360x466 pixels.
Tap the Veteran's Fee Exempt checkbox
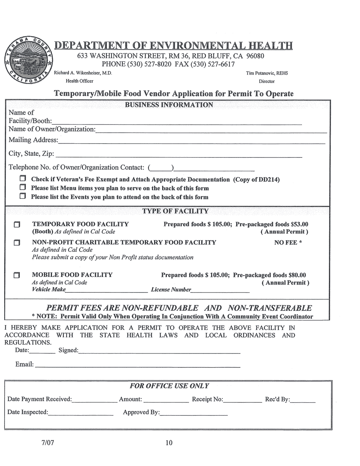click(23, 178)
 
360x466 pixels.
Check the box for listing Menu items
click(23, 187)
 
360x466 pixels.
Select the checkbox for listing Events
click(23, 196)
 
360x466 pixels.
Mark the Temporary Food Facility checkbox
click(17, 225)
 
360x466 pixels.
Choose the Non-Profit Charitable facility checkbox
click(17, 242)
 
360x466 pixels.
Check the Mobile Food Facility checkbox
click(17, 275)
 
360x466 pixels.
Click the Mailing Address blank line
click(191, 142)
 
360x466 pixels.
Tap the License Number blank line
click(220, 291)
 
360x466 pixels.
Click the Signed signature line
click(159, 351)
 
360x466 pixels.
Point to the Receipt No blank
click(243, 400)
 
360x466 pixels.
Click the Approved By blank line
click(194, 413)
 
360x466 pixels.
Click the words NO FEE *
click(288, 242)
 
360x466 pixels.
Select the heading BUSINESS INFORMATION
click(169, 105)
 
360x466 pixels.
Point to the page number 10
click(169, 443)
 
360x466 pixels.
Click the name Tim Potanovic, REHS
click(267, 73)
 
